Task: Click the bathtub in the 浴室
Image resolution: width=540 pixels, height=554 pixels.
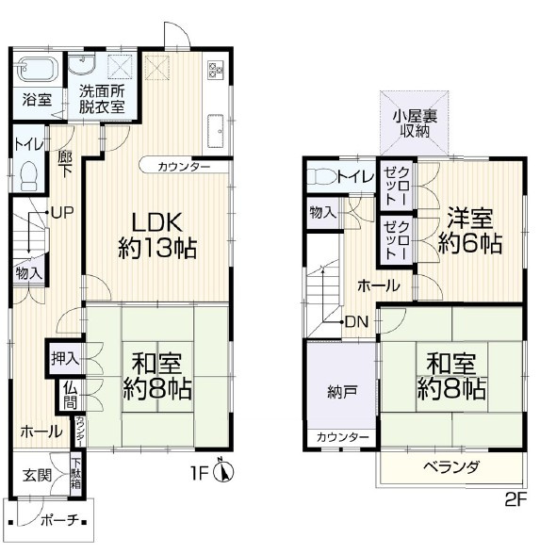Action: [37, 69]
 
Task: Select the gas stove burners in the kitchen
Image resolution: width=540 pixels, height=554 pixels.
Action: [215, 70]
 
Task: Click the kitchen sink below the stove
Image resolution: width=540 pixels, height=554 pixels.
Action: [215, 131]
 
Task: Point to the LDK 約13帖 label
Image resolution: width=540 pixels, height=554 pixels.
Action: [156, 236]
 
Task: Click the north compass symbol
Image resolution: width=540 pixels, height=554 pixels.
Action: [224, 471]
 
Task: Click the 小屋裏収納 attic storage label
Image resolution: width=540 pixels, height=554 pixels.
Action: [415, 123]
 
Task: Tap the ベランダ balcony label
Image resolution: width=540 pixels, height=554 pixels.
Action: [451, 467]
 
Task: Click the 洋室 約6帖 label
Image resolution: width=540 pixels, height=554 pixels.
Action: [469, 230]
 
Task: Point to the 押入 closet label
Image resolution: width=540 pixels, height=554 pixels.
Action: [65, 359]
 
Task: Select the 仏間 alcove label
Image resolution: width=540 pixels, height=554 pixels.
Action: [71, 396]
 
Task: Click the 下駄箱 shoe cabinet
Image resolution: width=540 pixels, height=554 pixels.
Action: [75, 474]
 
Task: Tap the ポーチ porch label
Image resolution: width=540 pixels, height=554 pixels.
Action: [59, 520]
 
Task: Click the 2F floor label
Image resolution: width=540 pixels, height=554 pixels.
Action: [515, 500]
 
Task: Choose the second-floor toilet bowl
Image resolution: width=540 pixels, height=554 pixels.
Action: [320, 175]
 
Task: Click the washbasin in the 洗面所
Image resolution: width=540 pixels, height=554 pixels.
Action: [82, 63]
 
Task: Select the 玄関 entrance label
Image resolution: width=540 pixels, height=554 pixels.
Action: [37, 475]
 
